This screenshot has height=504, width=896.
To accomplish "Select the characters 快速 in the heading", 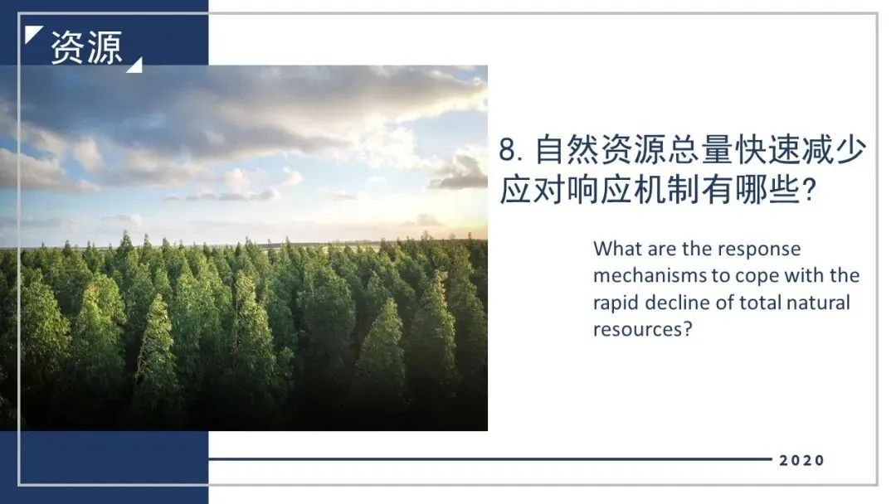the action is (767, 149).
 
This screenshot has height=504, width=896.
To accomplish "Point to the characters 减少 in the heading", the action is (834, 149).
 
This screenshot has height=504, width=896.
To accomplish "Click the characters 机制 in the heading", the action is (666, 189).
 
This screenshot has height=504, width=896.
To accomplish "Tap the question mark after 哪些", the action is (808, 190).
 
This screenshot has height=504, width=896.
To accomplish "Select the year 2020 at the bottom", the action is (801, 460).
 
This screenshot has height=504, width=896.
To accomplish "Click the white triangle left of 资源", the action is (32, 32).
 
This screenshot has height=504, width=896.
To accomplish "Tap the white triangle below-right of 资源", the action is (136, 67).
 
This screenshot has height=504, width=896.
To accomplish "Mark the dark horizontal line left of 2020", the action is (490, 458).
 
